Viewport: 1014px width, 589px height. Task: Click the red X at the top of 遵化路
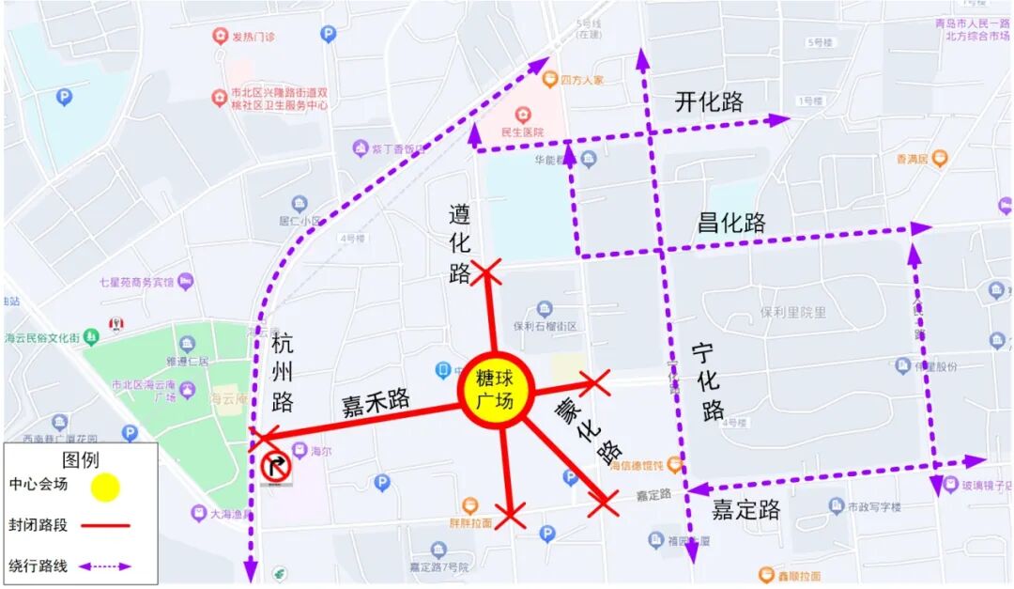click(x=485, y=272)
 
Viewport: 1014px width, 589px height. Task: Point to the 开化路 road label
click(x=709, y=102)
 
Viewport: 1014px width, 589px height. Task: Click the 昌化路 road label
click(x=731, y=224)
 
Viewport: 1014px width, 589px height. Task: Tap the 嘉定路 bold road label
click(x=745, y=510)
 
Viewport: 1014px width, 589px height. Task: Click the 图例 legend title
click(x=80, y=459)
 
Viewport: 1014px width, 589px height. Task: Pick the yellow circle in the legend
click(x=105, y=487)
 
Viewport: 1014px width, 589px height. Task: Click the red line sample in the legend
click(x=105, y=525)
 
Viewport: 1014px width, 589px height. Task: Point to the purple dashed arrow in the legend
click(x=105, y=566)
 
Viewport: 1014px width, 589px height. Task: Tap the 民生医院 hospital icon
click(x=522, y=115)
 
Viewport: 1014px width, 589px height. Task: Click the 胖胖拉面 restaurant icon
click(x=470, y=505)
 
